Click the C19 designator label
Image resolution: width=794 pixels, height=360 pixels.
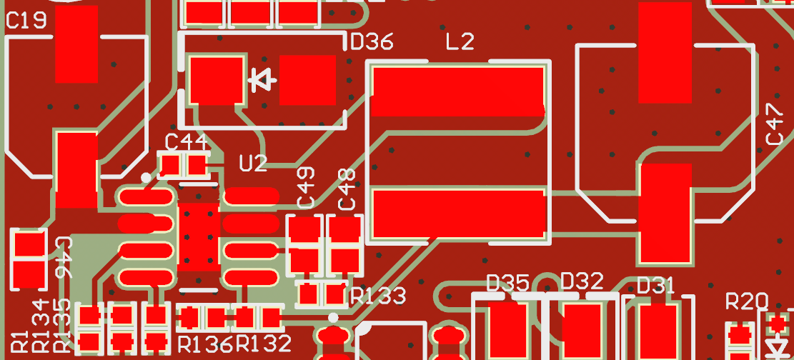[x=26, y=21]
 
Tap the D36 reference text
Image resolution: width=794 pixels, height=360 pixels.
[x=372, y=42]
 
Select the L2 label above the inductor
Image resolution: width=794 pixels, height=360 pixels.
[x=460, y=42]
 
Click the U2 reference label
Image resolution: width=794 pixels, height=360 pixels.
[x=253, y=164]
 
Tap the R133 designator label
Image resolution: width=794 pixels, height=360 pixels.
[x=378, y=296]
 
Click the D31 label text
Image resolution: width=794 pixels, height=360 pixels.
[x=655, y=286]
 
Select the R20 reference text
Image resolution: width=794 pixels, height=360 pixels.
[x=746, y=301]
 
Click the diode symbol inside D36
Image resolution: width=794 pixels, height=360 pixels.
[x=262, y=80]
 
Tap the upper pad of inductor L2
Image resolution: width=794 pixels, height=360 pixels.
[x=457, y=91]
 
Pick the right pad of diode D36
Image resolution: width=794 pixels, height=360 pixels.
[x=307, y=79]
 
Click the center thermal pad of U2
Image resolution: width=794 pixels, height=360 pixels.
[x=199, y=237]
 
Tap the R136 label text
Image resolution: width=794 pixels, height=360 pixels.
[x=205, y=344]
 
